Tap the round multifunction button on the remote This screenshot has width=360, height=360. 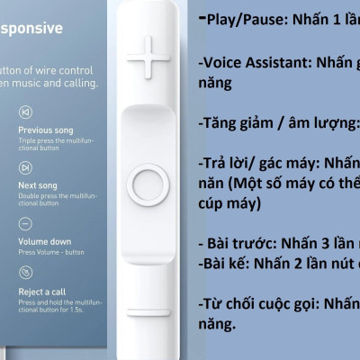click(x=147, y=184)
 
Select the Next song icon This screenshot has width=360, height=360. click(x=26, y=168)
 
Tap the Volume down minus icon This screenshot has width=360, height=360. click(x=26, y=222)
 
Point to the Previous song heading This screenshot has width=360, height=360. click(x=46, y=130)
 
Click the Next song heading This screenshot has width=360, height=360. click(x=38, y=185)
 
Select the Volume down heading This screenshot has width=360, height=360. click(x=45, y=240)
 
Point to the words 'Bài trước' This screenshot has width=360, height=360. click(x=240, y=244)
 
